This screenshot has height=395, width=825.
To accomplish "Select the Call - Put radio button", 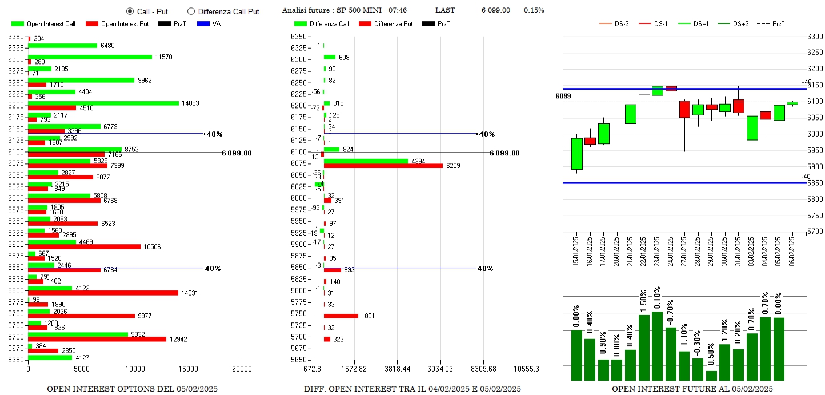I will pyautogui.click(x=130, y=11).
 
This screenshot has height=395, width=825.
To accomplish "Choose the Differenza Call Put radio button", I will pyautogui.click(x=191, y=11).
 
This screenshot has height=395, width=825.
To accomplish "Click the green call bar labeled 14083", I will pyautogui.click(x=103, y=103).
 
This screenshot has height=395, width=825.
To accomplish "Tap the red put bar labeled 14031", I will pyautogui.click(x=103, y=293).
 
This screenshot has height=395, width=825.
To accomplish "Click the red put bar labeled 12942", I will pyautogui.click(x=97, y=339).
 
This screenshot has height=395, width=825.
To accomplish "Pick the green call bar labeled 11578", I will pyautogui.click(x=90, y=57).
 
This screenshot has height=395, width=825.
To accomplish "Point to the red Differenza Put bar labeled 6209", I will pyautogui.click(x=383, y=166).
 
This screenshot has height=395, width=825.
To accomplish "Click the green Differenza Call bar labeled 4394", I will pyautogui.click(x=366, y=161).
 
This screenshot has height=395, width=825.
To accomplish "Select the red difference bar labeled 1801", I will pyautogui.click(x=341, y=316).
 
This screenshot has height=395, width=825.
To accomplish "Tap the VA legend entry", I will pyautogui.click(x=216, y=24).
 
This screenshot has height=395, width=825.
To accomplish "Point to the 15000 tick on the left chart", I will pyautogui.click(x=189, y=369).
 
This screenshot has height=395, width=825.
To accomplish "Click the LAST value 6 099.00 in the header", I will pyautogui.click(x=495, y=11).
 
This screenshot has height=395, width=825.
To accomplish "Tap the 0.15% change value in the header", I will pyautogui.click(x=534, y=11).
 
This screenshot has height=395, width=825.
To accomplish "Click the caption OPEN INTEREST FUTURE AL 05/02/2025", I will pyautogui.click(x=692, y=389).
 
